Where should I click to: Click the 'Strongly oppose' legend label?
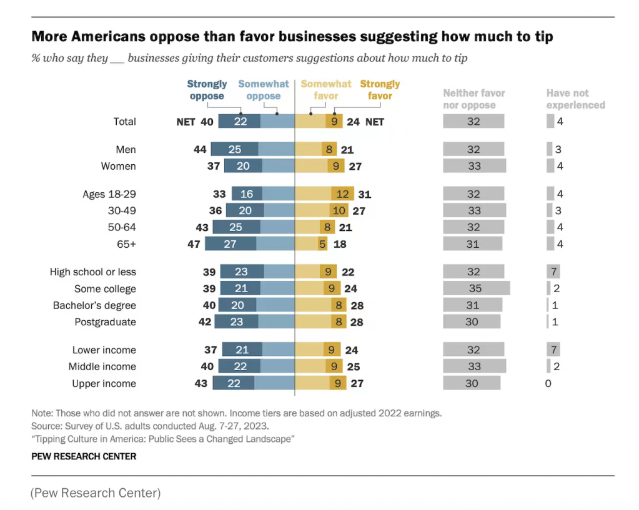pos(207,90)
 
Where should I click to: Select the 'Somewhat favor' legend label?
pos(325,90)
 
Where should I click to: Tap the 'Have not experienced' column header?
pos(575,99)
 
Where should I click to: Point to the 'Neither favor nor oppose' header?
pos(473,99)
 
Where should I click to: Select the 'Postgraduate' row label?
pos(105,322)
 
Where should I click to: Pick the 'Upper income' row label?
pos(104,383)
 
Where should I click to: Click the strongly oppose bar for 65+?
pos(230,244)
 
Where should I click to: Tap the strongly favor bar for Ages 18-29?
pos(343,194)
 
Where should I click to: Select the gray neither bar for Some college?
pos(476,288)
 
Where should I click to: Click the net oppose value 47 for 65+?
pos(194,244)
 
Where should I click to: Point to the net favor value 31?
pos(364,194)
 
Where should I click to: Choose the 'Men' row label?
pos(126,149)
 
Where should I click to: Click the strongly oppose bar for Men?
pos(234,149)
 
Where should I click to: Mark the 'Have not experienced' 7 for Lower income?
pos(553,350)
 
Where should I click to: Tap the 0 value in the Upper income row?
pos(548,383)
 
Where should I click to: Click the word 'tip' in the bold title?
pos(542,37)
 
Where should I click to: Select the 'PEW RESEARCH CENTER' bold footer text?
pos(84,456)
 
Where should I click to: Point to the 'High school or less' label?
pos(93,272)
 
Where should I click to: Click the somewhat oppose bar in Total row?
pos(277,122)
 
